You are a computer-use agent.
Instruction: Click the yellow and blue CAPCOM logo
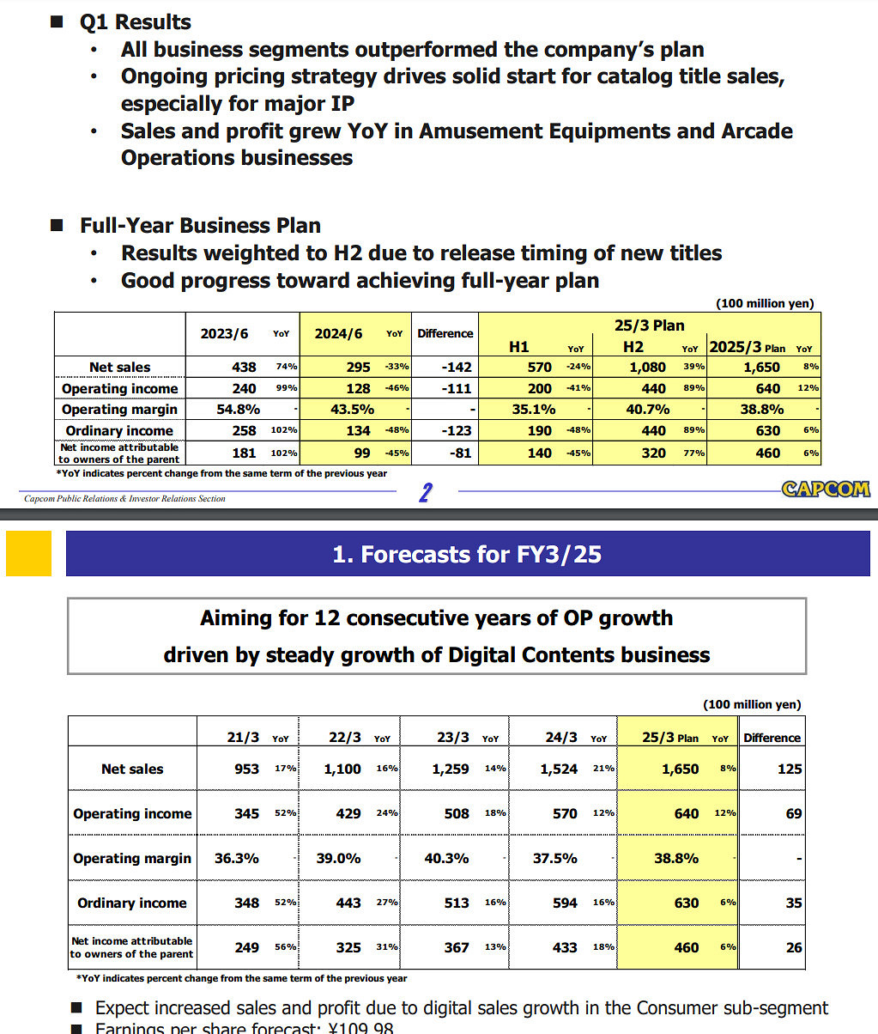pyautogui.click(x=825, y=489)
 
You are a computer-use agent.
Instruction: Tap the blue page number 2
pyautogui.click(x=425, y=492)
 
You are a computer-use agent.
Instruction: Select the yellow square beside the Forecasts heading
pyautogui.click(x=28, y=553)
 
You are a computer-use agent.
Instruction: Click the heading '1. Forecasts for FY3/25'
pyautogui.click(x=467, y=554)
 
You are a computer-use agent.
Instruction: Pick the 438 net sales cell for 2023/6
pyautogui.click(x=244, y=367)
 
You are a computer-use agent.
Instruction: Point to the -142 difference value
pyautogui.click(x=456, y=367)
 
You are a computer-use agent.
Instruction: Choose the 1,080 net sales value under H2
pyautogui.click(x=648, y=367)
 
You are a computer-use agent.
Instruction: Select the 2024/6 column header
pyautogui.click(x=338, y=333)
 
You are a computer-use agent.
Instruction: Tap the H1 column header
pyautogui.click(x=518, y=347)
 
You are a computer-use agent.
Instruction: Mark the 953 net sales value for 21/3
pyautogui.click(x=246, y=769)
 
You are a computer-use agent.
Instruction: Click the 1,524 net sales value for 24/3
pyautogui.click(x=559, y=769)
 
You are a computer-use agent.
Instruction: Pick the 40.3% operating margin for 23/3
pyautogui.click(x=446, y=858)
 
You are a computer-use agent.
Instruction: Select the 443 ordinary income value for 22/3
pyautogui.click(x=348, y=903)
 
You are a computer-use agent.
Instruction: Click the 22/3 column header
pyautogui.click(x=345, y=738)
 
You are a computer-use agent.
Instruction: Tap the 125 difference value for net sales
pyautogui.click(x=790, y=769)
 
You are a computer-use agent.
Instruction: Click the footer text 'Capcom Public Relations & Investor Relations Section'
pyautogui.click(x=124, y=498)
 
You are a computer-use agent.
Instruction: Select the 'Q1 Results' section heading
pyautogui.click(x=136, y=21)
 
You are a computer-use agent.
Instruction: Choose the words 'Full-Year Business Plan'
pyautogui.click(x=200, y=225)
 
